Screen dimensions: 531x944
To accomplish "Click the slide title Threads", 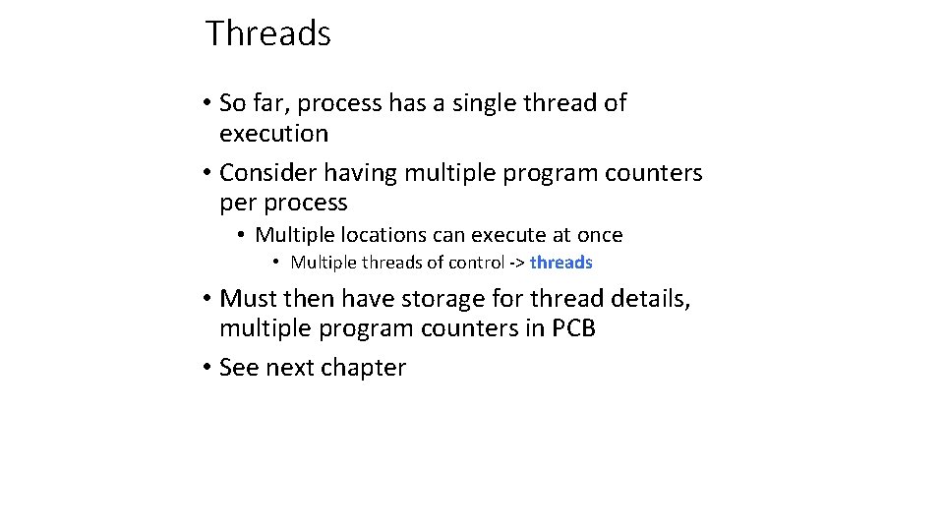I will pos(267,33).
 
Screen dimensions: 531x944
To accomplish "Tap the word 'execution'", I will pos(273,134).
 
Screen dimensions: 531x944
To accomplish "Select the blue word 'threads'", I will pos(560,263).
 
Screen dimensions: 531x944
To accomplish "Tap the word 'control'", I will pos(476,263).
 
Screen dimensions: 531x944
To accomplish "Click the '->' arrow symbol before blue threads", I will pos(516,263).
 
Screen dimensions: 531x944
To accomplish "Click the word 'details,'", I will pos(649,298).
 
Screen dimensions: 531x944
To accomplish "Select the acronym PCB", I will pos(573,328).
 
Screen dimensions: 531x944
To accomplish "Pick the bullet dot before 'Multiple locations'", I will pos(241,236).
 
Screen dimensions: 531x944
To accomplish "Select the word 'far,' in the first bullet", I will pos(269,103).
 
